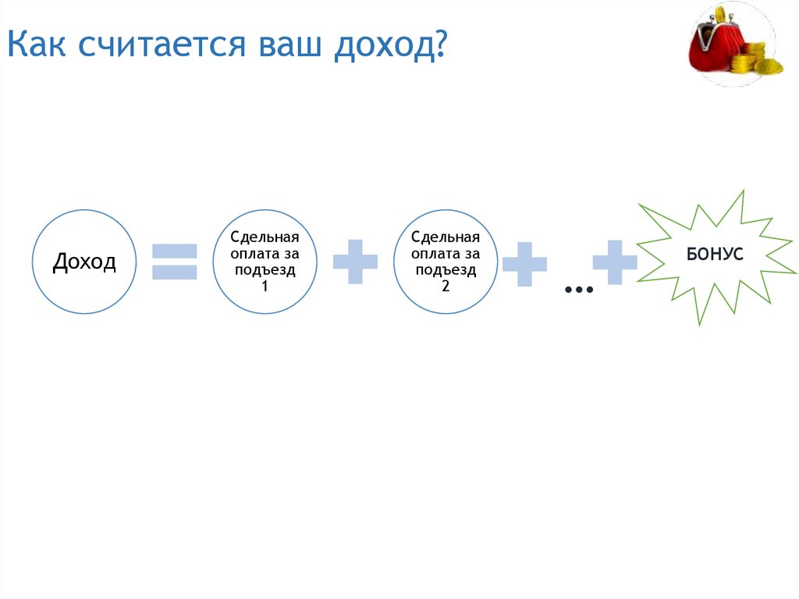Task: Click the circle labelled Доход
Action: [x=84, y=262]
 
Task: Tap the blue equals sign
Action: [x=174, y=262]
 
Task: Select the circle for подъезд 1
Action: [x=265, y=262]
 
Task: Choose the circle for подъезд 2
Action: [x=446, y=262]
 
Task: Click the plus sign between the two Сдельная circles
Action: [x=355, y=262]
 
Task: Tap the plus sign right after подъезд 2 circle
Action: [x=524, y=263]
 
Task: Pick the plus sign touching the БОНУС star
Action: [x=615, y=262]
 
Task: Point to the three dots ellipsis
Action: [x=578, y=291]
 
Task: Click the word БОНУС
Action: [x=714, y=255]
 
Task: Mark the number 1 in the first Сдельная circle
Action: [x=265, y=286]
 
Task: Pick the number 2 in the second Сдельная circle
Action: [x=446, y=286]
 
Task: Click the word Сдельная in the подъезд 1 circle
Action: [x=265, y=237]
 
